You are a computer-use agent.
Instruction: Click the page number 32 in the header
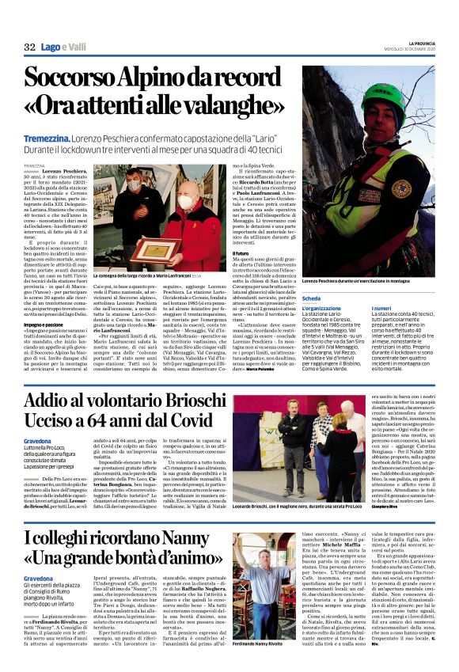[30, 47]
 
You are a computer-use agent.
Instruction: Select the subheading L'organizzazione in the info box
[322, 308]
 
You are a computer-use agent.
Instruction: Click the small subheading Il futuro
[241, 275]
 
